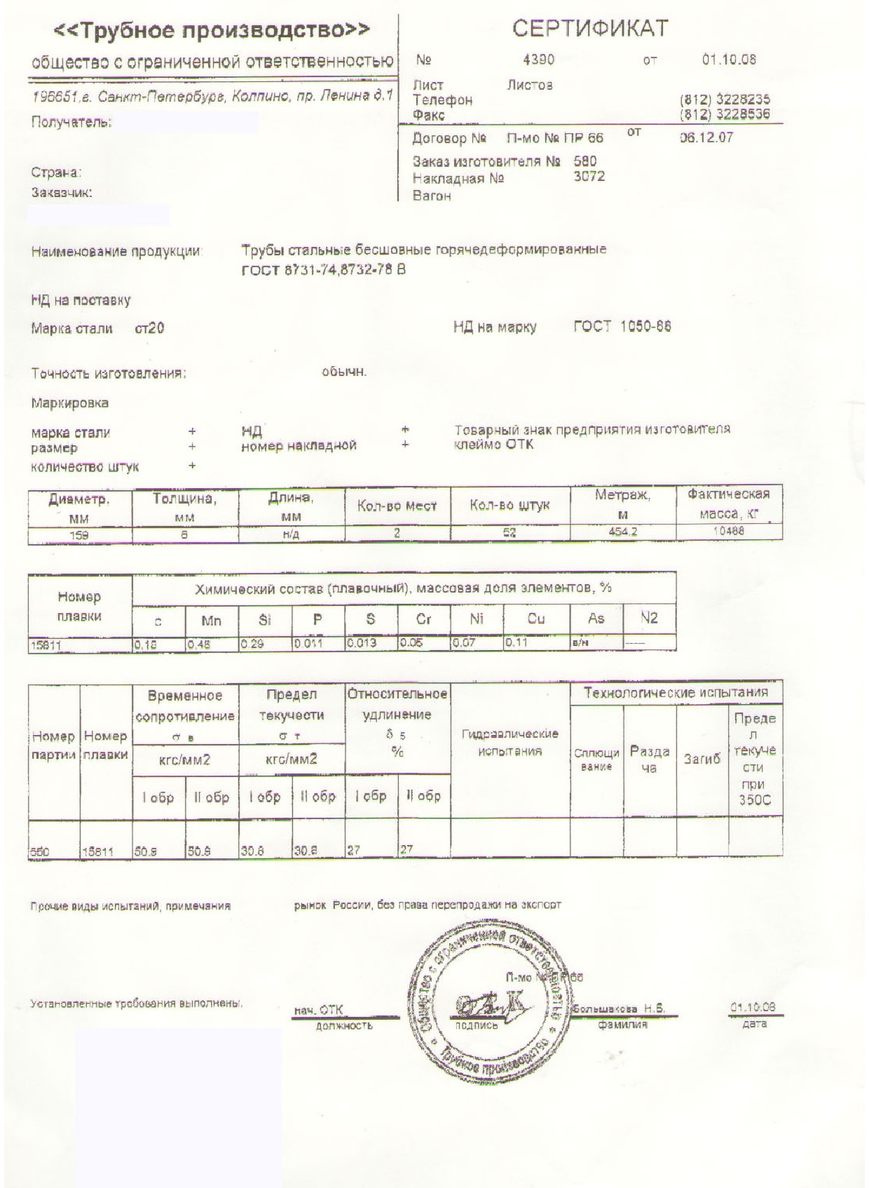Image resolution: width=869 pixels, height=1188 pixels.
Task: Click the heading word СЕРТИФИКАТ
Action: pyautogui.click(x=590, y=28)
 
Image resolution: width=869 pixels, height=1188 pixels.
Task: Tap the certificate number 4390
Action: pyautogui.click(x=538, y=60)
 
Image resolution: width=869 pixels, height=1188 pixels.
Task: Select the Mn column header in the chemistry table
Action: pyautogui.click(x=211, y=619)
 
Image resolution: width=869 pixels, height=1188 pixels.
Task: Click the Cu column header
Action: pyautogui.click(x=536, y=619)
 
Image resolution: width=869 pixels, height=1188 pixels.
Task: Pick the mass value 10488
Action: pyautogui.click(x=728, y=532)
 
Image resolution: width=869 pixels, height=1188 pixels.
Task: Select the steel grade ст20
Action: pyautogui.click(x=149, y=328)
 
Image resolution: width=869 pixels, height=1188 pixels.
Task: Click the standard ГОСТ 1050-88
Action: pyautogui.click(x=622, y=326)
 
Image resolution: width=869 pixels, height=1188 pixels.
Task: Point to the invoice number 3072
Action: pyautogui.click(x=589, y=177)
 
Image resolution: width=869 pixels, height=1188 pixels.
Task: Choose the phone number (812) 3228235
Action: pyautogui.click(x=725, y=100)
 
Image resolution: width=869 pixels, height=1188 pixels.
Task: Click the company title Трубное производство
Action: pyautogui.click(x=212, y=30)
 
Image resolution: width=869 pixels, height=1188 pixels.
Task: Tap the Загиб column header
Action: pyautogui.click(x=702, y=760)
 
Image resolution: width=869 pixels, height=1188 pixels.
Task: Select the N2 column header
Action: pyautogui.click(x=649, y=618)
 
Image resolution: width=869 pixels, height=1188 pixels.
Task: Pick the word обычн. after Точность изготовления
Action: pyautogui.click(x=344, y=372)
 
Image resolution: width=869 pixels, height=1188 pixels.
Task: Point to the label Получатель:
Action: pyautogui.click(x=71, y=123)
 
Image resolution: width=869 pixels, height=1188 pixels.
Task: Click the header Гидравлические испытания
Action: pyautogui.click(x=509, y=743)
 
